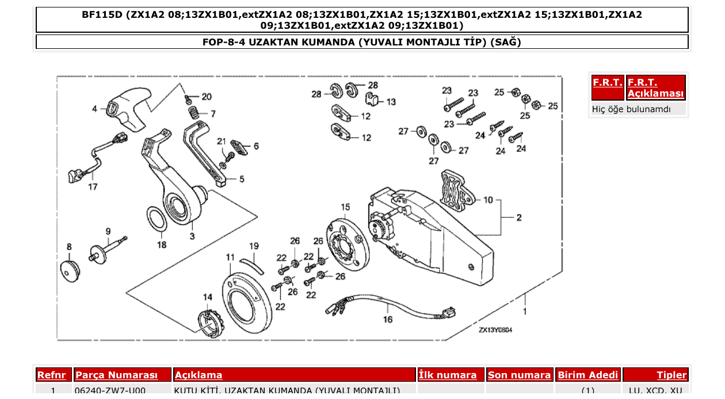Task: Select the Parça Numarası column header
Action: pyautogui.click(x=116, y=375)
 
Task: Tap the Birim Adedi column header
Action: pyautogui.click(x=587, y=375)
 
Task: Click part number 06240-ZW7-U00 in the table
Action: pyautogui.click(x=110, y=391)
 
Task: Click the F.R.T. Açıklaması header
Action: pyautogui.click(x=655, y=87)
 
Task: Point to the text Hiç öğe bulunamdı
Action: pyautogui.click(x=631, y=109)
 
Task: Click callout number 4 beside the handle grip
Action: pyautogui.click(x=95, y=108)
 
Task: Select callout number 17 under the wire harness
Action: pyautogui.click(x=93, y=187)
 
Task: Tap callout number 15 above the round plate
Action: pyautogui.click(x=345, y=207)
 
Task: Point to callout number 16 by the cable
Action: pyautogui.click(x=388, y=319)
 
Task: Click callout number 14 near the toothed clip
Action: pyautogui.click(x=207, y=297)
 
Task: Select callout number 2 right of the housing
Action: pyautogui.click(x=518, y=218)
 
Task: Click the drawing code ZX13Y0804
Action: pyautogui.click(x=495, y=331)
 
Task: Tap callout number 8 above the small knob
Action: pyautogui.click(x=69, y=247)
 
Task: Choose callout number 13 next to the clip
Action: pyautogui.click(x=391, y=102)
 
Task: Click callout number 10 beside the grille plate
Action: pyautogui.click(x=488, y=200)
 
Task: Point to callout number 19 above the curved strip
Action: pyautogui.click(x=254, y=246)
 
